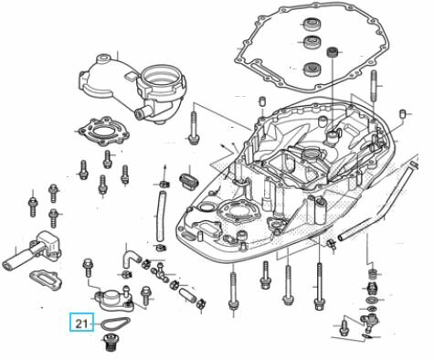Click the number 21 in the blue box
80,323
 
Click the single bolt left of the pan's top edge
194,126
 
